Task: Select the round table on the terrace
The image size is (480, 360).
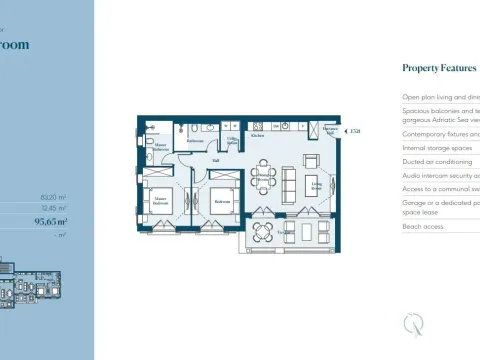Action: (263, 233)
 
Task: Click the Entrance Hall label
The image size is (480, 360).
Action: (330, 129)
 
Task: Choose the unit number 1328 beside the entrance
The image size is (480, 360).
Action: (354, 131)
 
